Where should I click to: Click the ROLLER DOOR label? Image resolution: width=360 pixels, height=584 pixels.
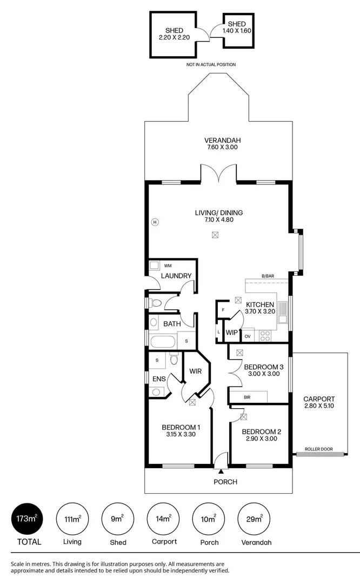tap(318, 449)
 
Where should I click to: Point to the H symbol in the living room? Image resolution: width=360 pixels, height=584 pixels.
tap(155, 222)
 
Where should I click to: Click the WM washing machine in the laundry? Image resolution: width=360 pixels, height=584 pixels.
tap(168, 266)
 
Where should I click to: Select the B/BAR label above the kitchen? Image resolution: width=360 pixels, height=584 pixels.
tap(268, 276)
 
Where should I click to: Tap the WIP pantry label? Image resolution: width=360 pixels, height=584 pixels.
tap(232, 333)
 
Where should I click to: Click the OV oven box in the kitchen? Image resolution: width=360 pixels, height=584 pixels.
tap(248, 336)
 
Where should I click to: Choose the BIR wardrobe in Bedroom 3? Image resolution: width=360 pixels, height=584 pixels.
tap(248, 397)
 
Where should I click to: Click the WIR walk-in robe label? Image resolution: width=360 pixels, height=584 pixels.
tap(195, 371)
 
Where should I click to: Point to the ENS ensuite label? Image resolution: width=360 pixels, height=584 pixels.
tap(158, 379)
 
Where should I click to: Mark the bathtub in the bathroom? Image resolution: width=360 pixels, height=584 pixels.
tap(163, 342)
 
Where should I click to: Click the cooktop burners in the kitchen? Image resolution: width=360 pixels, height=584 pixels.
tap(265, 336)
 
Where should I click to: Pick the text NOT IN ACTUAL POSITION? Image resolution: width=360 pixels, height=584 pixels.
tap(211, 64)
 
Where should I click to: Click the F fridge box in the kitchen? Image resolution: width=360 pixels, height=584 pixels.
tap(223, 309)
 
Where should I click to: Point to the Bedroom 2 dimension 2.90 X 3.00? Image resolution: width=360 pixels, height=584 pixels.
tap(261, 439)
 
